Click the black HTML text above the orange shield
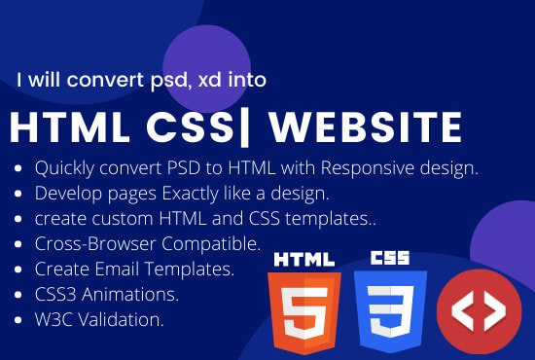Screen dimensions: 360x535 pos(305,260)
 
